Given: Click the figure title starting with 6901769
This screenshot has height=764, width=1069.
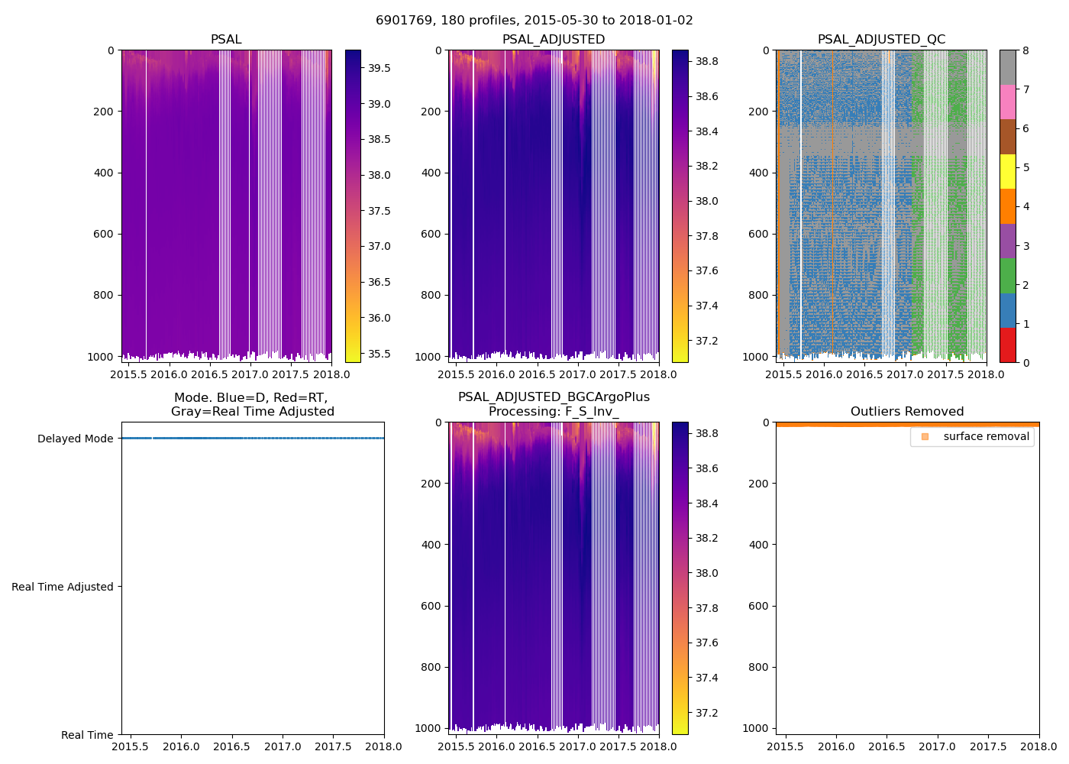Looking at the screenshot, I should (x=534, y=21).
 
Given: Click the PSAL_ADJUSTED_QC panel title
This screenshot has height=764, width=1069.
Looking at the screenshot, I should (x=881, y=40).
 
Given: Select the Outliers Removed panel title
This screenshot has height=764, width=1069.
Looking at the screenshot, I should (x=907, y=412).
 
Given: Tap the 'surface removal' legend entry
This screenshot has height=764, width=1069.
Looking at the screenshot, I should (x=986, y=437).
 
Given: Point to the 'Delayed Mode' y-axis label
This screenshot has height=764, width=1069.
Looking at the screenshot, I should (x=75, y=439).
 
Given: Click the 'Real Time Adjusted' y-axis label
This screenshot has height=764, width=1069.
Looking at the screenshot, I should (x=63, y=587).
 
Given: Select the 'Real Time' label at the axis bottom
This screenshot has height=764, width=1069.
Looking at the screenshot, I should (x=87, y=735).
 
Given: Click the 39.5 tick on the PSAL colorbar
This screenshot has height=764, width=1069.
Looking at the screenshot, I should (x=379, y=68).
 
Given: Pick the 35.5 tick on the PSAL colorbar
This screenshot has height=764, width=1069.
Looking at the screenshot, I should (x=379, y=354).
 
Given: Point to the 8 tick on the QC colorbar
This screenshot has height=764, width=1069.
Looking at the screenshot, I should (x=1025, y=50).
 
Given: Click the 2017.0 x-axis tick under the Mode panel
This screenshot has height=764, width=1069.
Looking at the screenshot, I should (x=283, y=747).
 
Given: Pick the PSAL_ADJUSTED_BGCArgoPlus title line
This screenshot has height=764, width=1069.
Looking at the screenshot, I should (x=554, y=397).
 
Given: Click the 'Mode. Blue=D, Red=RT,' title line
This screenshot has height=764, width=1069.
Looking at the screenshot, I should (x=252, y=397).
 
